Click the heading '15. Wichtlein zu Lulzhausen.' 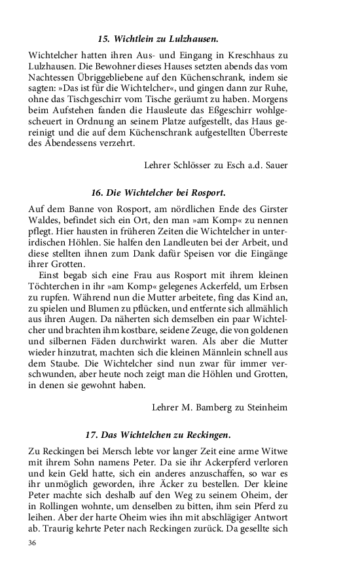coord(158,39)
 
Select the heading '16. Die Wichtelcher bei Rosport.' coord(158,193)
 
